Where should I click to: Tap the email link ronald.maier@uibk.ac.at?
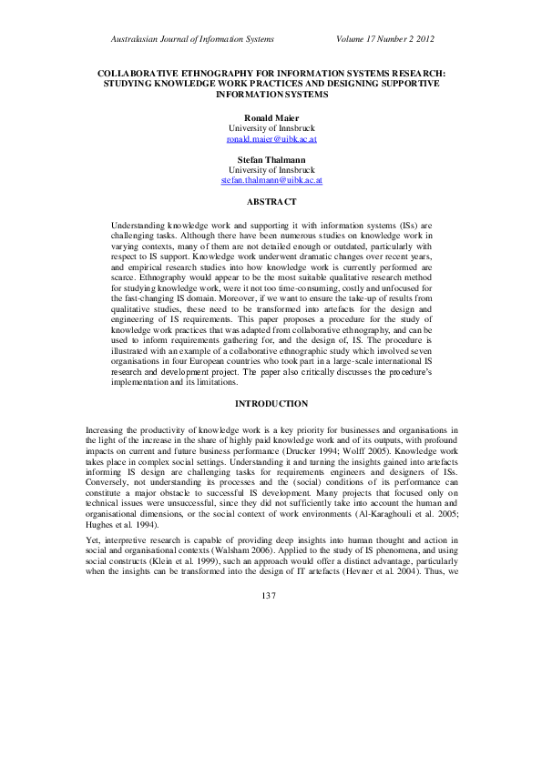[271, 140]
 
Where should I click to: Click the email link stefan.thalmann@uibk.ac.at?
[271, 181]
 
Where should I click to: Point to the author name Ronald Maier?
[271, 118]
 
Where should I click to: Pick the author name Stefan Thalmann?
[271, 159]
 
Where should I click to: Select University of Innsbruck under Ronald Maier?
[271, 129]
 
